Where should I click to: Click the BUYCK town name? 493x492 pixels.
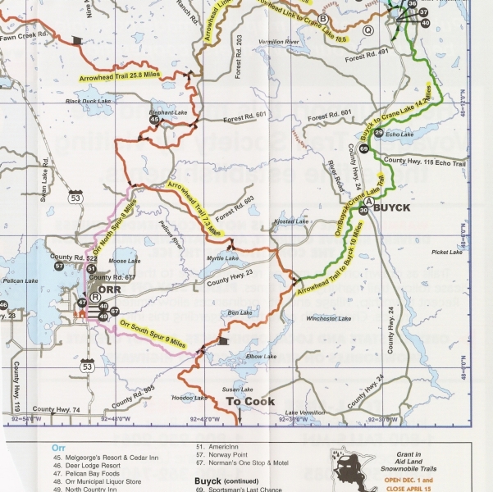[x=413, y=209]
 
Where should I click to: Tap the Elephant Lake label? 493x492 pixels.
[x=166, y=112]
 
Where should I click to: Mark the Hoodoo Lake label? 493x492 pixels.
[x=190, y=398]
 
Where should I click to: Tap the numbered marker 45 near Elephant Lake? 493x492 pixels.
[x=154, y=120]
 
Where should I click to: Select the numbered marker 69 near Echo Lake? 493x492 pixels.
[x=363, y=148]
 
